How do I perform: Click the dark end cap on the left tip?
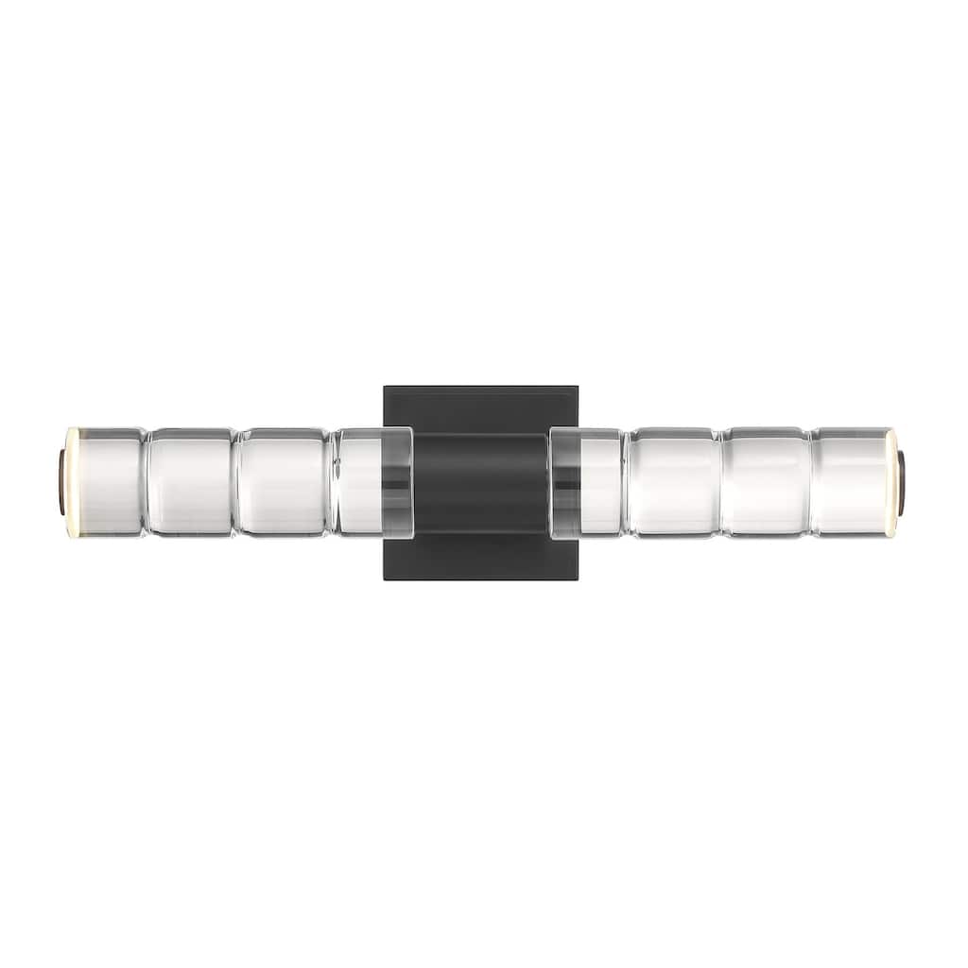(x=62, y=482)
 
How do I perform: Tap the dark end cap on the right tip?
(x=902, y=482)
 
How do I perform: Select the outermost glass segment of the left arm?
(x=106, y=482)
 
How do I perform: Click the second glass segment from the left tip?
(x=190, y=482)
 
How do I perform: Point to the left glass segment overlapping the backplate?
(x=374, y=482)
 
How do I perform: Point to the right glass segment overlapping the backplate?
(x=586, y=482)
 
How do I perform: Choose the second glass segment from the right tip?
(x=766, y=482)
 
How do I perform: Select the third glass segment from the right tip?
(x=673, y=482)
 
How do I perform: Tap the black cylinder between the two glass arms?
(x=481, y=482)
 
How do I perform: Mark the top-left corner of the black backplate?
(x=385, y=387)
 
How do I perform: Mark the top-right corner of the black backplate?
(x=578, y=387)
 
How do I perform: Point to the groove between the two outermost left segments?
(x=146, y=482)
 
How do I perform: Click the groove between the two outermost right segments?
(x=810, y=482)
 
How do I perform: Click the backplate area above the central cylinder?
(x=481, y=408)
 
